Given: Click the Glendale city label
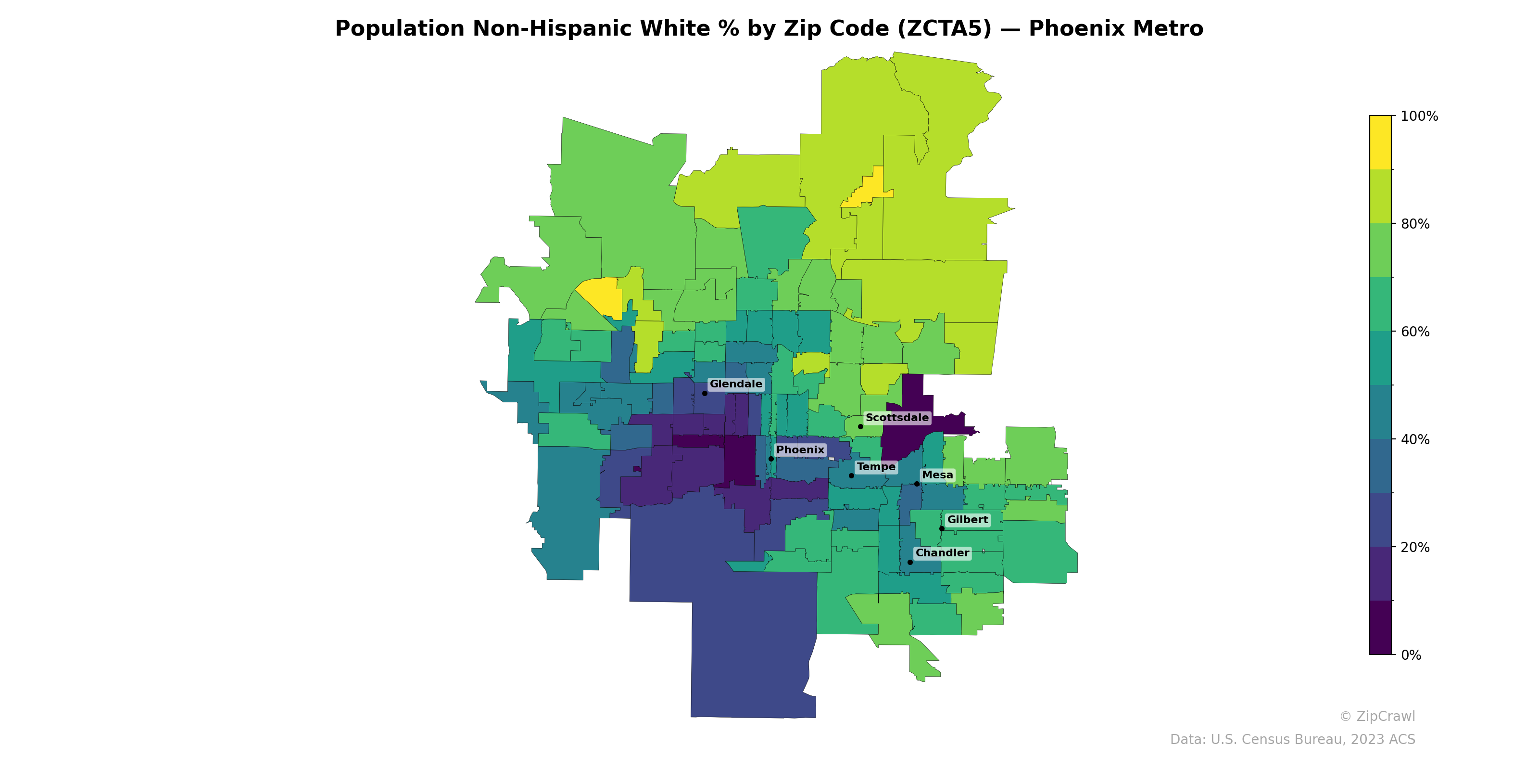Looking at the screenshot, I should tap(735, 384).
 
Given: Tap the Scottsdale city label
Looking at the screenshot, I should tap(897, 417).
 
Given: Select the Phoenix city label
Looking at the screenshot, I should tap(800, 449).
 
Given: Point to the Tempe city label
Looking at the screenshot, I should tap(876, 466).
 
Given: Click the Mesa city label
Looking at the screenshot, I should tap(937, 475).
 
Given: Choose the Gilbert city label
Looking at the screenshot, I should tap(967, 520).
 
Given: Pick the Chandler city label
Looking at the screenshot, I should tap(942, 552).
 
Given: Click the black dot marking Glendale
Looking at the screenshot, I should tap(705, 393).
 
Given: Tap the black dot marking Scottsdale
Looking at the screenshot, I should tap(860, 426).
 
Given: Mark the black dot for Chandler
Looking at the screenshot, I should tap(910, 562).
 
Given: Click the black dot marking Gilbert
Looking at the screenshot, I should tap(942, 528).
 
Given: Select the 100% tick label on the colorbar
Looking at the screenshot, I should tap(1419, 116).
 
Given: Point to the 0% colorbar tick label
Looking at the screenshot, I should tap(1411, 654).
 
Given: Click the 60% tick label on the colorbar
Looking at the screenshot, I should tap(1415, 332).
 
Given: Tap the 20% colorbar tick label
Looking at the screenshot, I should tap(1415, 547).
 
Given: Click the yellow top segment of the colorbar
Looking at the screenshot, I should tap(1380, 142).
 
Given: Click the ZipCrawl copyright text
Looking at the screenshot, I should tap(1377, 716).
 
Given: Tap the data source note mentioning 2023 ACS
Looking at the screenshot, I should tap(1292, 740).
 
